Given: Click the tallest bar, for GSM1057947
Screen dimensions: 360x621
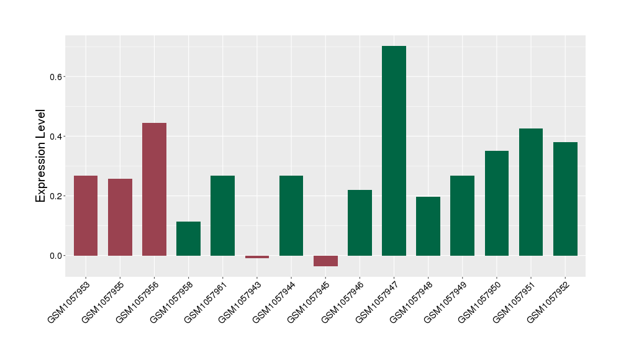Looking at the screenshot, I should pyautogui.click(x=394, y=151).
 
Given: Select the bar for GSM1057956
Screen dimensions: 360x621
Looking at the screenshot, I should pyautogui.click(x=154, y=189).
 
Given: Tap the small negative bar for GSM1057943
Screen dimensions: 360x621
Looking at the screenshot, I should pyautogui.click(x=257, y=257).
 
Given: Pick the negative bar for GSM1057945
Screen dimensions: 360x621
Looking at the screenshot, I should pyautogui.click(x=325, y=261).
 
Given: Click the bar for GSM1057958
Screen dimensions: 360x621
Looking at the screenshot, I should pyautogui.click(x=188, y=238).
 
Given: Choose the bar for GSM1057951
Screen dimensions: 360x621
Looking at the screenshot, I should pyautogui.click(x=531, y=192).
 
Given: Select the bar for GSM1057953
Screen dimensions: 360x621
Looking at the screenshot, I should pyautogui.click(x=86, y=215).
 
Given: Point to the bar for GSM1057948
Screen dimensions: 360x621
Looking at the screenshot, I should pyautogui.click(x=428, y=226).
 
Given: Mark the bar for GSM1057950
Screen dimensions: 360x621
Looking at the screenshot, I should pyautogui.click(x=497, y=203).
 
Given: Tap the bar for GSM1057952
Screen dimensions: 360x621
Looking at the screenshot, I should pyautogui.click(x=565, y=199).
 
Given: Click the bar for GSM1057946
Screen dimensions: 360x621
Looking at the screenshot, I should pyautogui.click(x=360, y=223).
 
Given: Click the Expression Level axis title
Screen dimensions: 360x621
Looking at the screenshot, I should pyautogui.click(x=41, y=155).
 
